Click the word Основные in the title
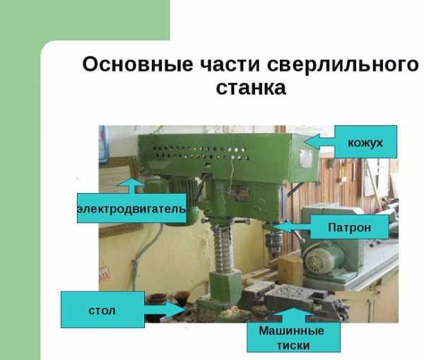[x=138, y=64]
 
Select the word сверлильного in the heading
[x=343, y=65]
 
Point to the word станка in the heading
[x=251, y=88]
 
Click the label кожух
[x=365, y=143]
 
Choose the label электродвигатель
[x=131, y=209]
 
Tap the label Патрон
[x=349, y=227]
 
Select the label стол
[x=102, y=310]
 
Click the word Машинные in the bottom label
[x=291, y=330]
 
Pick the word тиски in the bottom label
[x=293, y=345]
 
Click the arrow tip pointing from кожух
[x=304, y=141]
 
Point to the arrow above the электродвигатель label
[x=131, y=185]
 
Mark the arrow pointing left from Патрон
[x=293, y=227]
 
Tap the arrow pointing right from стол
[x=165, y=310]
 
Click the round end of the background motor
[x=317, y=260]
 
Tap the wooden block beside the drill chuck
[x=290, y=269]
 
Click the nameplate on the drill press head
[x=239, y=192]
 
